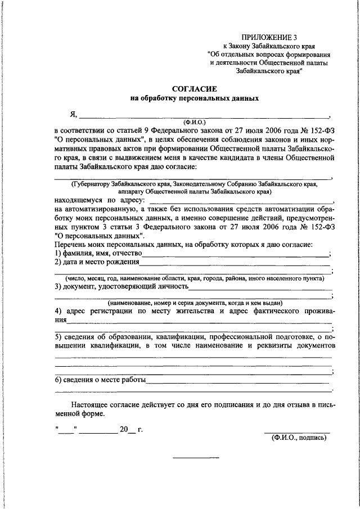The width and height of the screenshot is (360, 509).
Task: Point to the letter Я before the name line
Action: pos(73,115)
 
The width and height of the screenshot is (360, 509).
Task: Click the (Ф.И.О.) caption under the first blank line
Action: pos(195,121)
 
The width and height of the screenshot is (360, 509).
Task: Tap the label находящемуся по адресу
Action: pos(99,199)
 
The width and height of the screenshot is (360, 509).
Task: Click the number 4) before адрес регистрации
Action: pos(58,311)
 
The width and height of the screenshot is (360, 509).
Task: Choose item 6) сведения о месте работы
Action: pos(100,379)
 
